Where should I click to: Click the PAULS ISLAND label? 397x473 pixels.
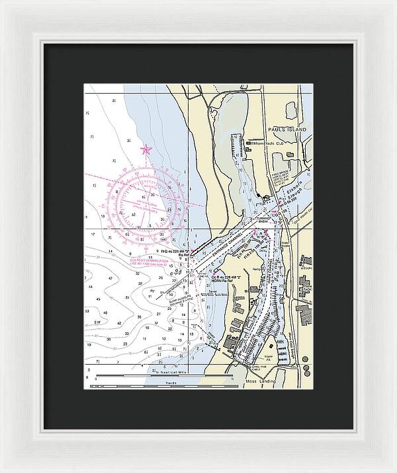pyautogui.click(x=288, y=130)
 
